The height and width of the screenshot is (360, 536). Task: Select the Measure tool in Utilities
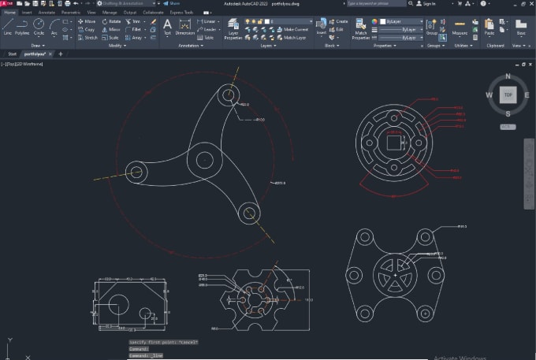pos(459,28)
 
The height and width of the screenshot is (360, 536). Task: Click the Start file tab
pos(12,54)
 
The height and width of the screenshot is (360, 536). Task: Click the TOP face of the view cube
pos(508,95)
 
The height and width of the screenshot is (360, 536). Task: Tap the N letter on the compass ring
pos(508,76)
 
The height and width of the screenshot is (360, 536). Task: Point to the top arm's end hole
pos(229,96)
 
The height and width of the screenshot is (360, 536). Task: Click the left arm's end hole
pos(136,171)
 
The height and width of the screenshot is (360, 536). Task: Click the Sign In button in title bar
pos(429,4)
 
